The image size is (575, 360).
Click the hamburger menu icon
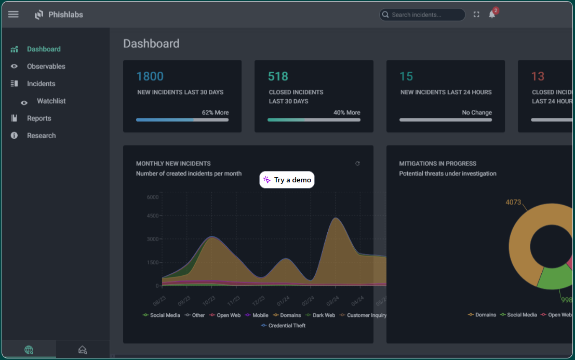pyautogui.click(x=14, y=15)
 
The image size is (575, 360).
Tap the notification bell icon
pyautogui.click(x=491, y=15)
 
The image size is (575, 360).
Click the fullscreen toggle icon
pyautogui.click(x=476, y=15)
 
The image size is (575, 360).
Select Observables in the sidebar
pyautogui.click(x=46, y=66)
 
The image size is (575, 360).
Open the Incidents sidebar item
pyautogui.click(x=41, y=84)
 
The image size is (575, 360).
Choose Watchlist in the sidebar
pyautogui.click(x=51, y=101)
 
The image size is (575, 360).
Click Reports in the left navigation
pyautogui.click(x=39, y=118)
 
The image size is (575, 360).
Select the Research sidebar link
pyautogui.click(x=41, y=136)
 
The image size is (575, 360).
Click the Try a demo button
pyautogui.click(x=287, y=180)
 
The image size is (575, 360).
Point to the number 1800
pyautogui.click(x=150, y=76)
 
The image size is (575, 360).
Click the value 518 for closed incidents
pyautogui.click(x=278, y=76)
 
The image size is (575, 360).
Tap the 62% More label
pyautogui.click(x=215, y=112)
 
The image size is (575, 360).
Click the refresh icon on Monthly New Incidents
pyautogui.click(x=357, y=164)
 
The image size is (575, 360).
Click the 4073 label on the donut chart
pyautogui.click(x=513, y=202)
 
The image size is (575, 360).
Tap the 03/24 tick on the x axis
pyautogui.click(x=333, y=301)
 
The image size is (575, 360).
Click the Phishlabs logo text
pyautogui.click(x=65, y=15)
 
